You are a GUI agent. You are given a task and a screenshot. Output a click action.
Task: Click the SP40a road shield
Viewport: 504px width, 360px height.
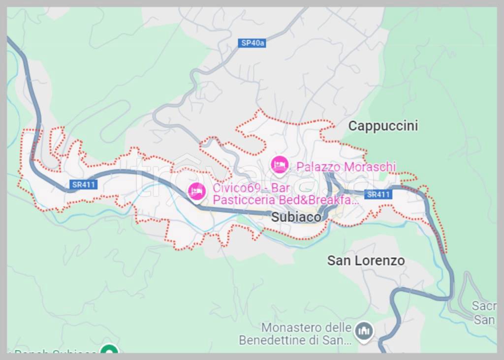tap(253, 43)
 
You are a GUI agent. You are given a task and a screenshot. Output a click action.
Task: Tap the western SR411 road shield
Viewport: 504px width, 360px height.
tap(84, 185)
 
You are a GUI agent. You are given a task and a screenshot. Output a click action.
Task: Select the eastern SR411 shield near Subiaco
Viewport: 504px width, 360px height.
tap(378, 194)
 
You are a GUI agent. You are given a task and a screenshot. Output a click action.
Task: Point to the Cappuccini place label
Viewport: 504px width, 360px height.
tap(383, 126)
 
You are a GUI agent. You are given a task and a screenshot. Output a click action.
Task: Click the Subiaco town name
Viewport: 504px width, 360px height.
tap(296, 217)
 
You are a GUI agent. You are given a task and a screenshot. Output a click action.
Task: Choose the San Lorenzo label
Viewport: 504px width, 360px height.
tap(366, 261)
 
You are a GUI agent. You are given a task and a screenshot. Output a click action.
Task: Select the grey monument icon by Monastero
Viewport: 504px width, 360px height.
tap(364, 331)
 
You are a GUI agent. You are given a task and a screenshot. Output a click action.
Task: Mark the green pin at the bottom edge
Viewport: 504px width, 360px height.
tap(109, 350)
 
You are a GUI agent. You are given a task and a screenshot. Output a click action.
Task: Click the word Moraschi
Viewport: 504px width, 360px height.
tap(370, 167)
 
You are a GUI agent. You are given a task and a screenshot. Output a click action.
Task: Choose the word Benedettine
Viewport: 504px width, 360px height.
tap(273, 340)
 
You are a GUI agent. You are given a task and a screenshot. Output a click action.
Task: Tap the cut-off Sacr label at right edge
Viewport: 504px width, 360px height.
tap(484, 306)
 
